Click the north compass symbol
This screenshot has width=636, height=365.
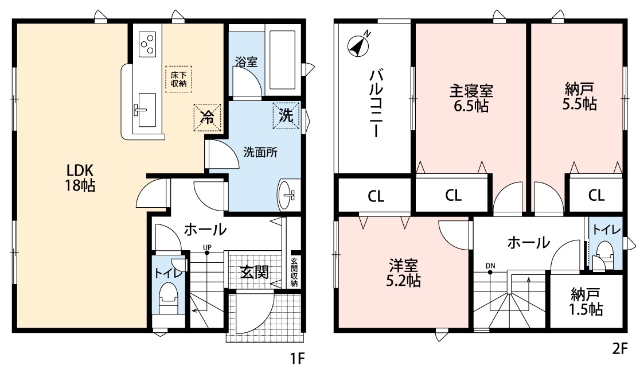358,45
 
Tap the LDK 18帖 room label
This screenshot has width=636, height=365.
80,178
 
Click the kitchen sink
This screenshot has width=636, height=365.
146,110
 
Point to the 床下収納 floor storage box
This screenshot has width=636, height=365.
178,79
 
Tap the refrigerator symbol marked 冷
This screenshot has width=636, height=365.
207,118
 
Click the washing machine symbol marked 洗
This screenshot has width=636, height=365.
286,116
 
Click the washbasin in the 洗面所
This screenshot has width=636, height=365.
287,195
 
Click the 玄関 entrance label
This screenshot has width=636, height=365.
254,272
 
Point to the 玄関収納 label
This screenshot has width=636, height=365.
294,272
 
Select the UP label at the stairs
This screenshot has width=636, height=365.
207,247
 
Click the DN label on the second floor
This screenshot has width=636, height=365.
490,266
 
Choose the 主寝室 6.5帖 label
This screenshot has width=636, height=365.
471,98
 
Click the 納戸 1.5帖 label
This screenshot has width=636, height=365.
586,302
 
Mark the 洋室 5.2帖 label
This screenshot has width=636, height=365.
403,273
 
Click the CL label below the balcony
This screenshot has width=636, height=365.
376,196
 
